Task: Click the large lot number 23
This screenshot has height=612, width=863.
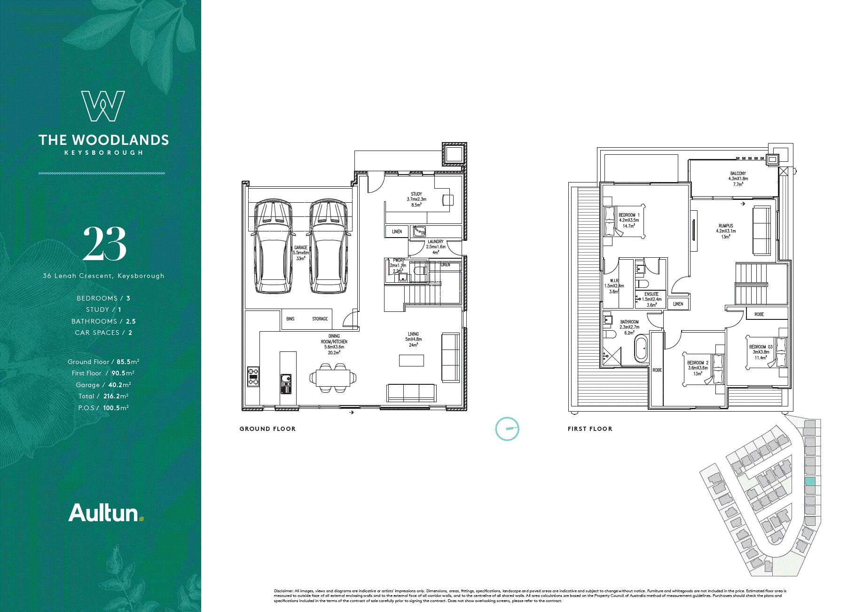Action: point(105,244)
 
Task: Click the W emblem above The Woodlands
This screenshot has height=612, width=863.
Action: point(103,106)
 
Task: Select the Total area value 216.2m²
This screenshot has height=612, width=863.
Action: point(116,396)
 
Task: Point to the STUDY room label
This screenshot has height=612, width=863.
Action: point(416,194)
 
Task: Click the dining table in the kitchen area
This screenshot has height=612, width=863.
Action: point(333,377)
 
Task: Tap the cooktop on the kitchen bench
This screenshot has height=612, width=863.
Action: point(253,377)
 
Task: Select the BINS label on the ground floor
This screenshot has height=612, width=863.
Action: point(290,319)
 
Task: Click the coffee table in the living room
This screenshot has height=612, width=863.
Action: point(411,360)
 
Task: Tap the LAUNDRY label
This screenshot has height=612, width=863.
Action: point(435,241)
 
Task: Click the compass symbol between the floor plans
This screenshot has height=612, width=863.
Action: point(507,429)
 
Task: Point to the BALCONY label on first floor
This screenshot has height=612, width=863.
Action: point(738,174)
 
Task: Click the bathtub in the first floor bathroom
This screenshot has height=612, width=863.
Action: point(641,349)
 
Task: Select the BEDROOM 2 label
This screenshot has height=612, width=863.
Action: point(698,363)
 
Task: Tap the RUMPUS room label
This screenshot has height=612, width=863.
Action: point(726,226)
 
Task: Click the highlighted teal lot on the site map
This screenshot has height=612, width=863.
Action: point(809,481)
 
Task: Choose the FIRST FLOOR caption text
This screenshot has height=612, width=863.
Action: point(590,429)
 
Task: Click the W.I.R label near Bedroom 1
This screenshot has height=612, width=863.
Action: point(614,280)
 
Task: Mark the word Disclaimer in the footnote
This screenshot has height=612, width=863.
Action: point(283,591)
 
